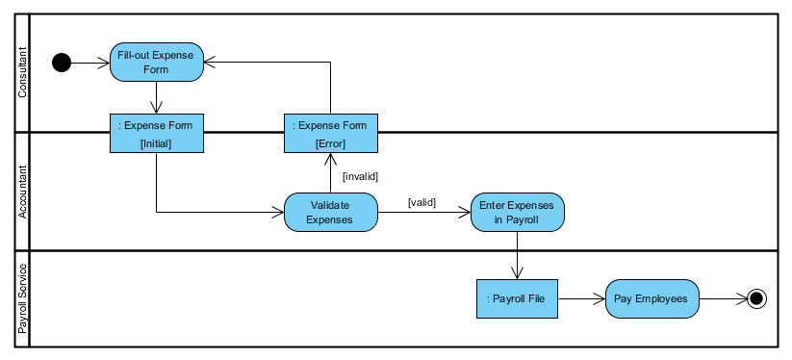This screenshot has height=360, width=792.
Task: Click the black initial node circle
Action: [x=62, y=64]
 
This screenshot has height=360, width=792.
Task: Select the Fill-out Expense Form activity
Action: [x=156, y=63]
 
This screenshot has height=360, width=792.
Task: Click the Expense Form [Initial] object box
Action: [x=156, y=134]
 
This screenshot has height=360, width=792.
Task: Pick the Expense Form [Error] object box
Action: [x=330, y=134]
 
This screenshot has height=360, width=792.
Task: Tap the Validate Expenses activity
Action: [x=330, y=212]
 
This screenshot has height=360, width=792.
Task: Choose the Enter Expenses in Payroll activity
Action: [x=518, y=212]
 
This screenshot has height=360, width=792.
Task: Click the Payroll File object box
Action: [x=518, y=298]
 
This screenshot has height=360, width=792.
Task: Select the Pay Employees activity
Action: [x=651, y=298]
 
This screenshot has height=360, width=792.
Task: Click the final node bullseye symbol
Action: [x=756, y=298]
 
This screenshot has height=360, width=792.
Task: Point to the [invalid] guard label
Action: [x=361, y=176]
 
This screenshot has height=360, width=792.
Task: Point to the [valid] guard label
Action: [x=422, y=202]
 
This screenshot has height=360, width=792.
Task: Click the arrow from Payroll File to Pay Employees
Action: [x=582, y=298]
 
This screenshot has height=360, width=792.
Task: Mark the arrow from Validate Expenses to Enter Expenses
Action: [x=423, y=213]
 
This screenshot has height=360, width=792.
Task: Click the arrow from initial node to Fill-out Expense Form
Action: [x=90, y=64]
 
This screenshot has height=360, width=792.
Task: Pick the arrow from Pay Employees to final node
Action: [x=723, y=298]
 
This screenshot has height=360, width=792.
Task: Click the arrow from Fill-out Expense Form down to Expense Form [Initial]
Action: [x=156, y=97]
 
